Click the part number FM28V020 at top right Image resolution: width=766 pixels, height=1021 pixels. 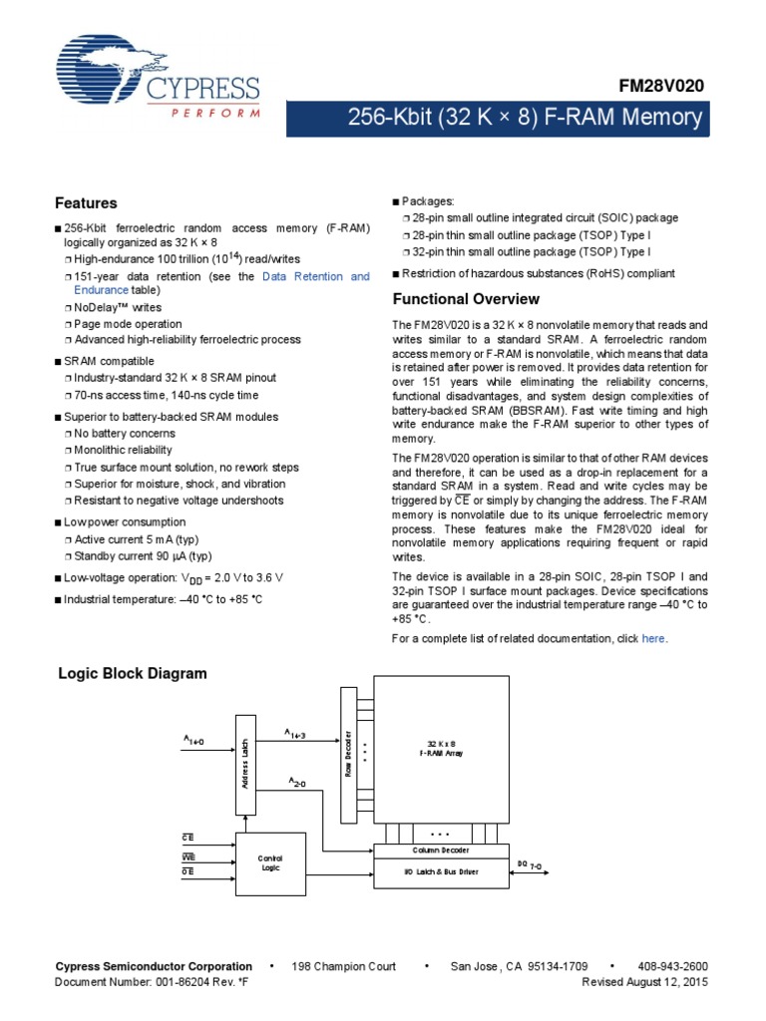click(662, 87)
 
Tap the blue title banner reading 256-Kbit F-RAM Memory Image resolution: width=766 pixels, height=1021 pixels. click(525, 119)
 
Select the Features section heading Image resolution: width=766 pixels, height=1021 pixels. click(86, 202)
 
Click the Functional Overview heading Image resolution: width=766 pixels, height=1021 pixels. click(466, 299)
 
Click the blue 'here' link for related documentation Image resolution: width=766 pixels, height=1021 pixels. click(653, 638)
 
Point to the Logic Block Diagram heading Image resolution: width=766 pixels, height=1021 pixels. click(132, 673)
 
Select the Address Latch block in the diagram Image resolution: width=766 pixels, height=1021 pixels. click(245, 764)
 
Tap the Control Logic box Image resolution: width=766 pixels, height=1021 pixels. click(270, 863)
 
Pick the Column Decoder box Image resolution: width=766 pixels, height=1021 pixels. click(441, 851)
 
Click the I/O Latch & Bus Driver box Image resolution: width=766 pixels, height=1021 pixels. click(441, 871)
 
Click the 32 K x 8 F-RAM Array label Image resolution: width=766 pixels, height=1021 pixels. click(440, 749)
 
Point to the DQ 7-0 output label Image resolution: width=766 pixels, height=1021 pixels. click(529, 863)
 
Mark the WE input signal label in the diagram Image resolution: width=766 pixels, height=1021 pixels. click(188, 855)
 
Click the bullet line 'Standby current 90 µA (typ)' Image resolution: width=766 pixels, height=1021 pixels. click(144, 556)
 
